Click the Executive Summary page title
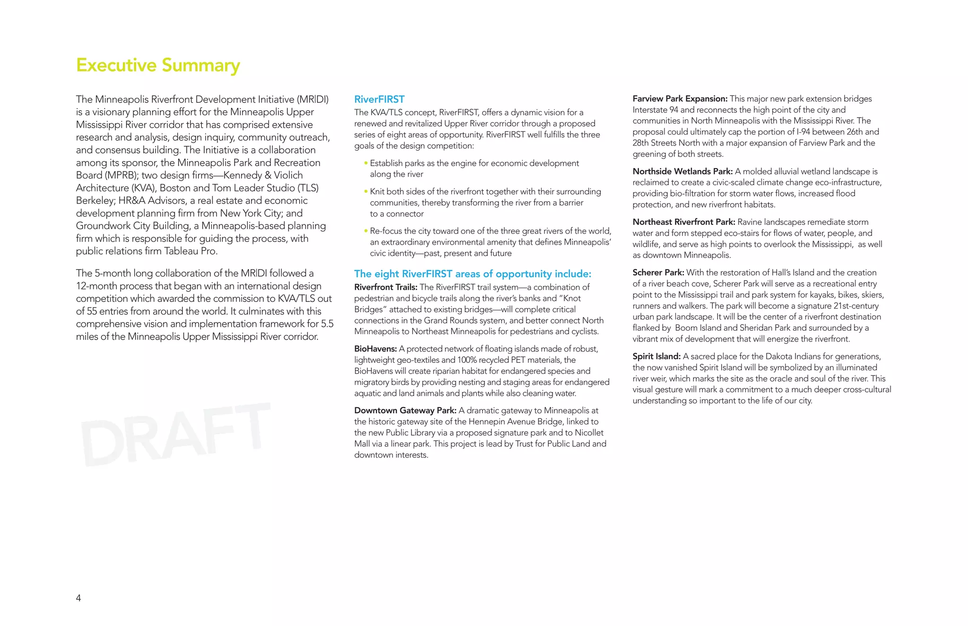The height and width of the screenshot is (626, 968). (158, 65)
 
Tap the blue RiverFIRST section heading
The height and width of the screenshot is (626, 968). (379, 99)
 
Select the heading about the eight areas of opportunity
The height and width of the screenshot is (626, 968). (473, 274)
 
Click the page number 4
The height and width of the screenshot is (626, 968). (78, 598)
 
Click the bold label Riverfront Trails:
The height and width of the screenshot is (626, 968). (386, 287)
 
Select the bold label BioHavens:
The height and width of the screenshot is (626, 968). (375, 349)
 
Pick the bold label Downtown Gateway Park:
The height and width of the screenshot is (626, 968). (405, 411)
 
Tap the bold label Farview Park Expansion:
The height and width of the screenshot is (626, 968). (680, 99)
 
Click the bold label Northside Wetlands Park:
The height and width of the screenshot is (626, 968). (683, 172)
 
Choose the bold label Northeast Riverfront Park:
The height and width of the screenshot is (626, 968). (684, 222)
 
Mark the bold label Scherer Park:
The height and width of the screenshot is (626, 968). (658, 273)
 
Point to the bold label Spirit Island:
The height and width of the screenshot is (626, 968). (657, 356)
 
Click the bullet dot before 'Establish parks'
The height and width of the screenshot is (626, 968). (366, 163)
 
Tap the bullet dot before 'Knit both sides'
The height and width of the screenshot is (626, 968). (366, 191)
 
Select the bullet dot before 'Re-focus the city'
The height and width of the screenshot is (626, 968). (366, 231)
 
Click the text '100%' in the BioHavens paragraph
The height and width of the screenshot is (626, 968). (467, 360)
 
